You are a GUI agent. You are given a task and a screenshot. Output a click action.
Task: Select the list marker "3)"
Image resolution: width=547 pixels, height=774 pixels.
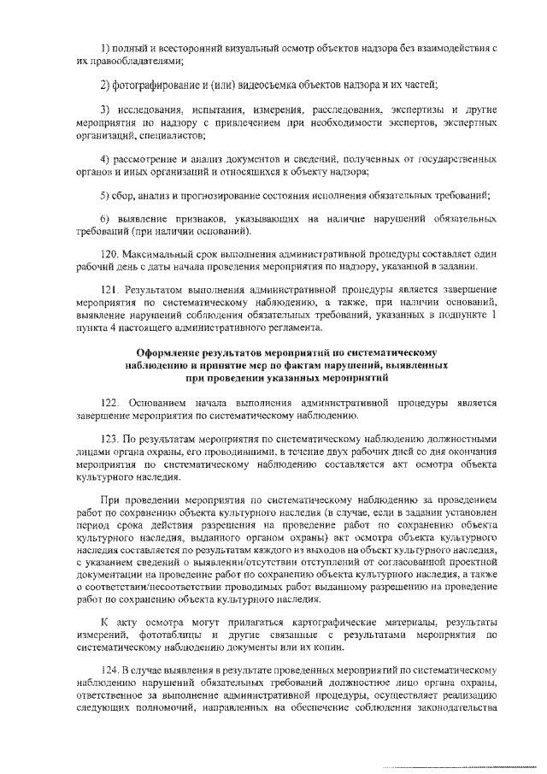click(105, 111)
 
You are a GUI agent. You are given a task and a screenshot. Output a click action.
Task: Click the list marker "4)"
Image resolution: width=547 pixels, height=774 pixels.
click(105, 160)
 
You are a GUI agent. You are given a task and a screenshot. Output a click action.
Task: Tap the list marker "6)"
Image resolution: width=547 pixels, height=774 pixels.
click(105, 221)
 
